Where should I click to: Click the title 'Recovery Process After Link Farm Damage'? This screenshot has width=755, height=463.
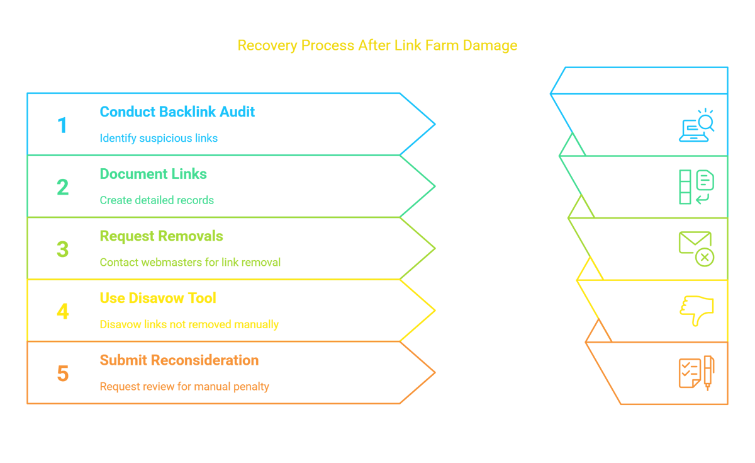tap(377, 45)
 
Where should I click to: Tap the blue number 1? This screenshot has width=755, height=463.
tap(62, 125)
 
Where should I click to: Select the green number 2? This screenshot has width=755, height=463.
tap(63, 187)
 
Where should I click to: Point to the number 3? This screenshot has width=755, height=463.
tap(63, 249)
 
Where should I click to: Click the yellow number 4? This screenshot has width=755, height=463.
tap(63, 311)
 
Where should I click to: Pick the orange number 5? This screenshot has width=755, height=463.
tap(63, 374)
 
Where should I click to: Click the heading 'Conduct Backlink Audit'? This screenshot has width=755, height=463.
tap(177, 111)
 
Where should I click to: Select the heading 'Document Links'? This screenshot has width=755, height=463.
tap(154, 174)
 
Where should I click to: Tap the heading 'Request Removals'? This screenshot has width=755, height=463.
tap(162, 236)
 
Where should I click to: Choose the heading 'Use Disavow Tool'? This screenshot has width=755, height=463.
tap(158, 298)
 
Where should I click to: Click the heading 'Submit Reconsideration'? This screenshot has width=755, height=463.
tap(179, 360)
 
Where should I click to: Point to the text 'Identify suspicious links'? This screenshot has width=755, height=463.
tap(159, 138)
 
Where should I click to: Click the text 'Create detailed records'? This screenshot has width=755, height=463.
tap(157, 200)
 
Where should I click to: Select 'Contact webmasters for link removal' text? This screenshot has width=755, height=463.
tap(190, 262)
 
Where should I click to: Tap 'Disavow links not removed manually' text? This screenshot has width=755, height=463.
tap(189, 324)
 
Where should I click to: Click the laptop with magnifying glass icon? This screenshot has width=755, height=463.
tap(696, 125)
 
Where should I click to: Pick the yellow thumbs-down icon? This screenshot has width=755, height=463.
tap(696, 311)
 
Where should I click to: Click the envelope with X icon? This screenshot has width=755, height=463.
tap(696, 249)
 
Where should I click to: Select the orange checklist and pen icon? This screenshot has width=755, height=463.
tap(696, 373)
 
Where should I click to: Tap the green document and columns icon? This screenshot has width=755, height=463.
tap(696, 187)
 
